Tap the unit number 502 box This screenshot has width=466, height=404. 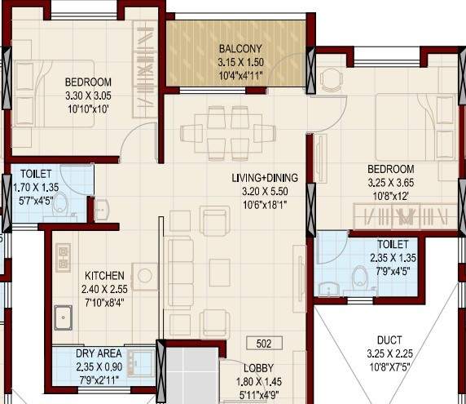click(x=263, y=343)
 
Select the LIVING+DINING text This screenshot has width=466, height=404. click(x=263, y=177)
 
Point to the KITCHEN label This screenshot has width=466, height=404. click(x=104, y=275)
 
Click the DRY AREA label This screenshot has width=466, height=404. click(x=99, y=353)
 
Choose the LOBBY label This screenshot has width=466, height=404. click(x=258, y=368)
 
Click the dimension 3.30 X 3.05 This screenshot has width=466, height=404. click(x=88, y=95)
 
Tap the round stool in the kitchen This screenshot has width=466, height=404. click(x=145, y=276)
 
